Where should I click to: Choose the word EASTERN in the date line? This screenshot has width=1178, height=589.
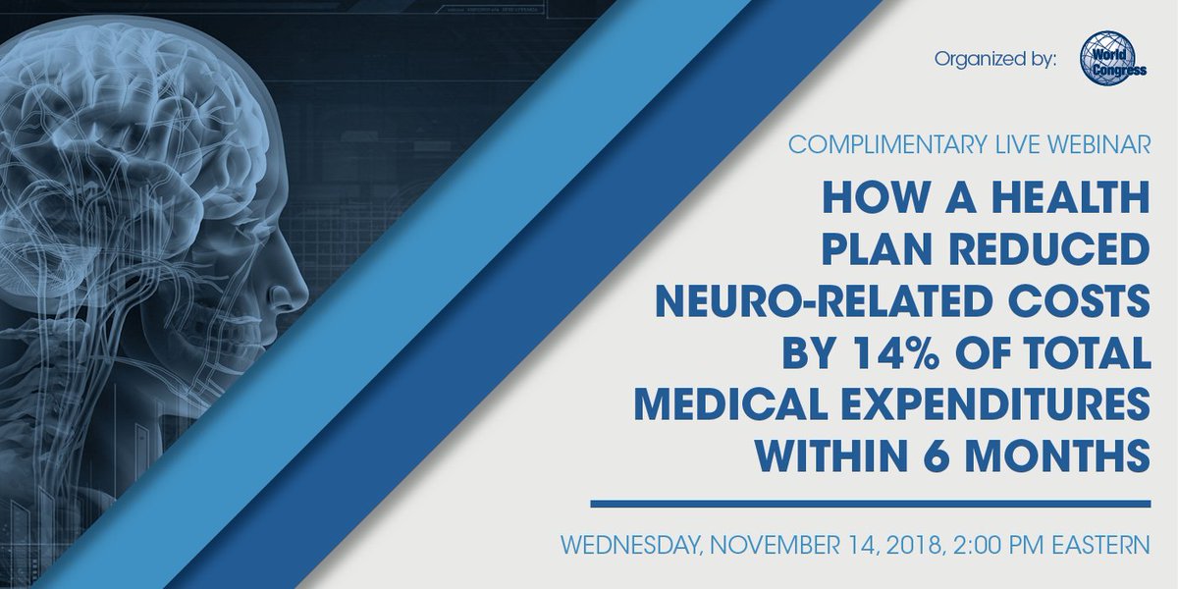pos(1093,545)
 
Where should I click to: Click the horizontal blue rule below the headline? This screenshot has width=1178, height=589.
pos(869,505)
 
